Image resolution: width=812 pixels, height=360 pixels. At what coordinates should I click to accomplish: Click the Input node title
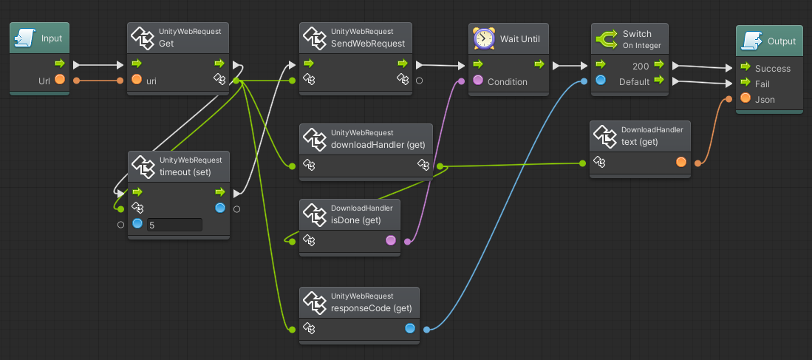52,38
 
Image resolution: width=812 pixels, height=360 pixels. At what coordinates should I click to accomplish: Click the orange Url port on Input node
60,81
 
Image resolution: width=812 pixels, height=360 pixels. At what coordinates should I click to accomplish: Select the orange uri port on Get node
137,81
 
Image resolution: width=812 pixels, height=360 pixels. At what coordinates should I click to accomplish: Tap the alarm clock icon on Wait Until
484,38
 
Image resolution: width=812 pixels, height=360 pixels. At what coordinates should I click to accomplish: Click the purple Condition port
478,81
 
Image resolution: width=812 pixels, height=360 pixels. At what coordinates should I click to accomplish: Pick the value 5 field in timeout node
174,225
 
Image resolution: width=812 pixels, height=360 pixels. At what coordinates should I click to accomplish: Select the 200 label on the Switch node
641,67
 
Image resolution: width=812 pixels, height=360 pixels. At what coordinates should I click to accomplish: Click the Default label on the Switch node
635,82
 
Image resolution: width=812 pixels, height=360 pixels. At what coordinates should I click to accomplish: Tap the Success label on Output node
773,68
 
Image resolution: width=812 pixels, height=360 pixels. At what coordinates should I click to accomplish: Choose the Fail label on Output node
762,84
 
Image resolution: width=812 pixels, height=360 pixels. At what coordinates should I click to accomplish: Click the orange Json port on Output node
746,98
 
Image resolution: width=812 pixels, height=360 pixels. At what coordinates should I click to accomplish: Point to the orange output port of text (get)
681,162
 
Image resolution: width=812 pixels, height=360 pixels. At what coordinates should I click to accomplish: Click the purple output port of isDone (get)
391,240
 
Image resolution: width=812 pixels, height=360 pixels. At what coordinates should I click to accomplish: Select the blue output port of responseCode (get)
410,328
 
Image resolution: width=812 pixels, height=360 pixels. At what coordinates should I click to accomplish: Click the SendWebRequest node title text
368,44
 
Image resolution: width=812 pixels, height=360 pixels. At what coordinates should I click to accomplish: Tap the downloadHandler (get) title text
378,145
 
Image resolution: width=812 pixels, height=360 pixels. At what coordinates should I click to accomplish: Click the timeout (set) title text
185,172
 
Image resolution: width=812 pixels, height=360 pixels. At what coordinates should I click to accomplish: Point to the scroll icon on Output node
752,41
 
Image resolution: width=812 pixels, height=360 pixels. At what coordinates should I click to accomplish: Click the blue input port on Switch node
601,81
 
